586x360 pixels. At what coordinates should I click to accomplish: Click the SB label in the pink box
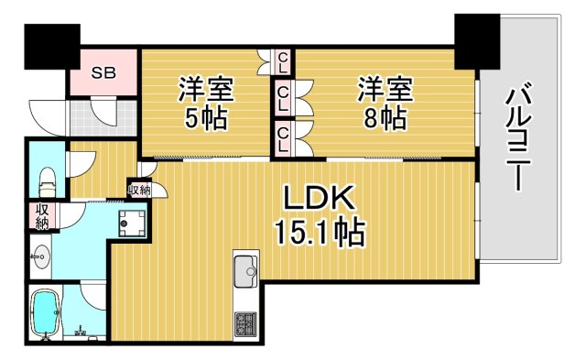click(x=102, y=72)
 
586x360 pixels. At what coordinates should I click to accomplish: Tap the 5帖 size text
click(x=204, y=118)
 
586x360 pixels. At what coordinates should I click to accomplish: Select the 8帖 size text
click(x=383, y=118)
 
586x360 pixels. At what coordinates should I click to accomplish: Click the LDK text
click(x=317, y=200)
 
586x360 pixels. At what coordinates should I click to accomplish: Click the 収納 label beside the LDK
click(x=139, y=190)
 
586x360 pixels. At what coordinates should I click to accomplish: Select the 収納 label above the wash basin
click(x=42, y=217)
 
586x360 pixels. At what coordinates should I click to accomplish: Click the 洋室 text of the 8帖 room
click(x=383, y=90)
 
